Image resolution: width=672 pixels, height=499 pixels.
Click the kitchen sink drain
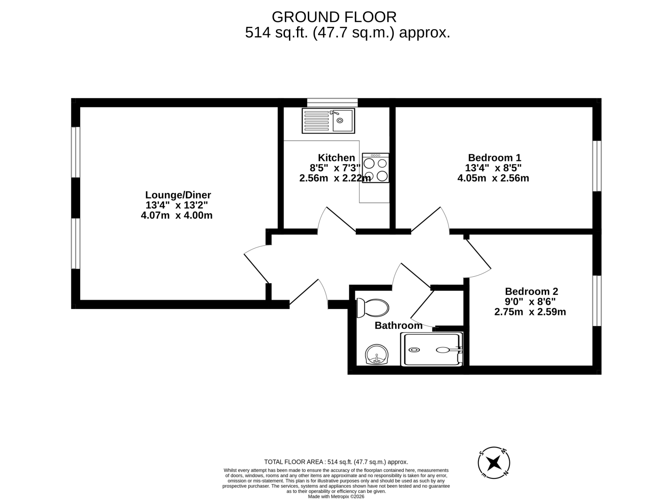pyautogui.click(x=340, y=120)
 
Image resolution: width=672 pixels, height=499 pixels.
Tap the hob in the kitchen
pyautogui.click(x=375, y=168)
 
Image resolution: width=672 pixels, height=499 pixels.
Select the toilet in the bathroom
pyautogui.click(x=373, y=308)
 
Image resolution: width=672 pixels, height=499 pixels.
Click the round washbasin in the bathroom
pyautogui.click(x=377, y=354)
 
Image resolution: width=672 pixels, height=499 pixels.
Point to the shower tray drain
pyautogui.click(x=414, y=350)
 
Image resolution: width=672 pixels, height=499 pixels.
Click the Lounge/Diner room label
pyautogui.click(x=178, y=194)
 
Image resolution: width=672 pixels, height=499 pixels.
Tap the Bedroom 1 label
pyautogui.click(x=495, y=158)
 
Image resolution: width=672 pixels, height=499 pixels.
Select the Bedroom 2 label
pyautogui.click(x=531, y=291)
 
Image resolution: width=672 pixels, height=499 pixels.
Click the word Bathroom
pyautogui.click(x=398, y=325)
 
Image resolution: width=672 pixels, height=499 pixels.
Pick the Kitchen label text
pyautogui.click(x=336, y=158)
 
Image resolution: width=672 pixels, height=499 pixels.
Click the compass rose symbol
pyautogui.click(x=494, y=463)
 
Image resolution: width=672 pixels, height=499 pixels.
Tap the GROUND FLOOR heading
pyautogui.click(x=334, y=17)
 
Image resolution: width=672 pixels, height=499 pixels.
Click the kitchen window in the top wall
pyautogui.click(x=332, y=103)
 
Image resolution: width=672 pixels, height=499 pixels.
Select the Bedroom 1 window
pyautogui.click(x=597, y=166)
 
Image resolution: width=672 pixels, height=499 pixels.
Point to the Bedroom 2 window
pyautogui.click(x=597, y=301)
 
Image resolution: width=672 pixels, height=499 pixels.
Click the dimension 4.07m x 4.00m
pyautogui.click(x=177, y=215)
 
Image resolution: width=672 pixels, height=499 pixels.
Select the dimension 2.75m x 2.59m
pyautogui.click(x=530, y=311)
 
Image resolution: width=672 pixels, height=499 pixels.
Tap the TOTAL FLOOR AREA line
pyautogui.click(x=336, y=462)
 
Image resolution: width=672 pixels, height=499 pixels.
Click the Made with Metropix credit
pyautogui.click(x=336, y=496)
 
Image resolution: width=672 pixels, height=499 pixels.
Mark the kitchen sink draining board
pyautogui.click(x=316, y=120)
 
